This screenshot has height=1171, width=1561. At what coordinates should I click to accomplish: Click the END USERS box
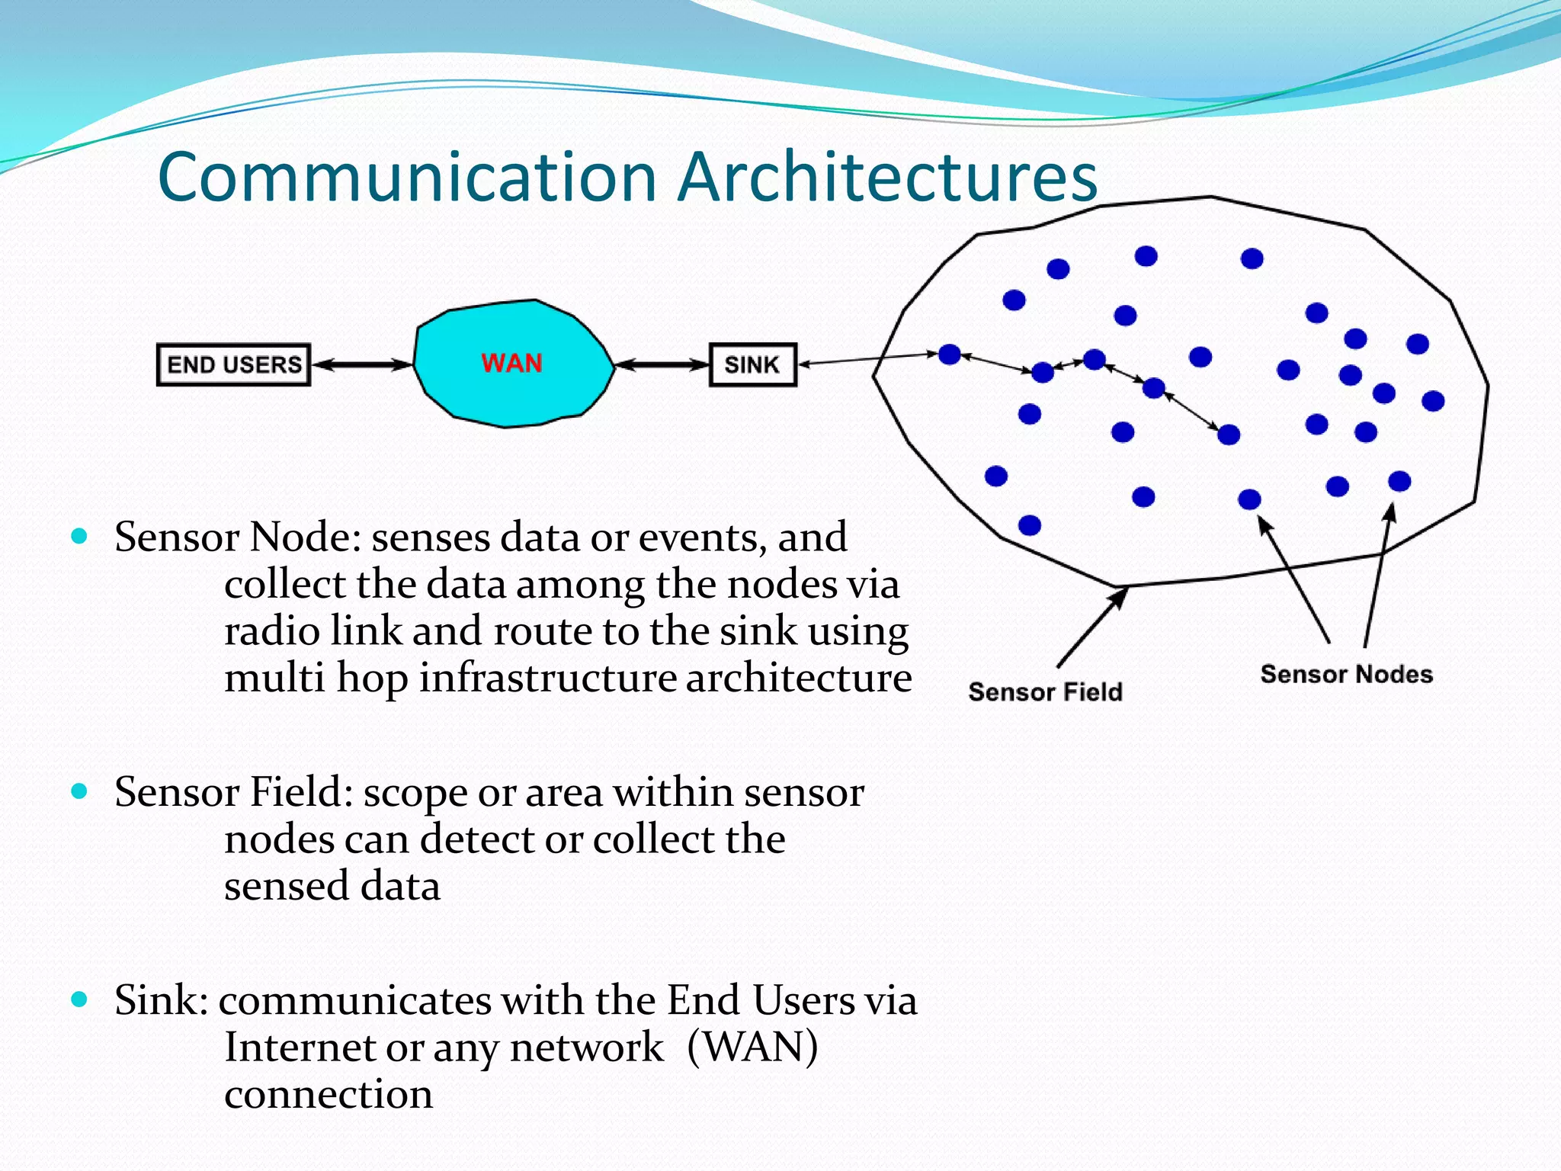(233, 364)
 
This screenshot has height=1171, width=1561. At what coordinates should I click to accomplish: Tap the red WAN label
(511, 363)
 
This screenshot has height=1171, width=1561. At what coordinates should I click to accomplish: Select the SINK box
(752, 364)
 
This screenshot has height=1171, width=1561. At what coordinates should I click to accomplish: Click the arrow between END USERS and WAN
(362, 364)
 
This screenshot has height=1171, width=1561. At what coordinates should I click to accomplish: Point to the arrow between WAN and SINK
(662, 364)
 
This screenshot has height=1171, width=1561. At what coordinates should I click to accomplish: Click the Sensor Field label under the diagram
(1045, 691)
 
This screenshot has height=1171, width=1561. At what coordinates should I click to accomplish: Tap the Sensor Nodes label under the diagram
(1346, 674)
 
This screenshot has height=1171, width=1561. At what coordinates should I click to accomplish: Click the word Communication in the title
(407, 178)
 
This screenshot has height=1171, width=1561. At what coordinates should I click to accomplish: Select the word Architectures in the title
(888, 178)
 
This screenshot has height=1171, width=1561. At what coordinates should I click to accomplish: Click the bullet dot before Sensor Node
(79, 536)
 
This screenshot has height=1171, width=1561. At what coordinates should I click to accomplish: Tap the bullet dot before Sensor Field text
(79, 791)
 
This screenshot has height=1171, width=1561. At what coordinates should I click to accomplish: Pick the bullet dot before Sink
(79, 999)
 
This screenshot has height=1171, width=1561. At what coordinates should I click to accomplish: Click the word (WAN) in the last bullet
(752, 1047)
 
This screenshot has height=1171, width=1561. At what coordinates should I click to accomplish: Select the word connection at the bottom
(329, 1094)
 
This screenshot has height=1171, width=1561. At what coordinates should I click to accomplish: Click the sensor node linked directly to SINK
(949, 354)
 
